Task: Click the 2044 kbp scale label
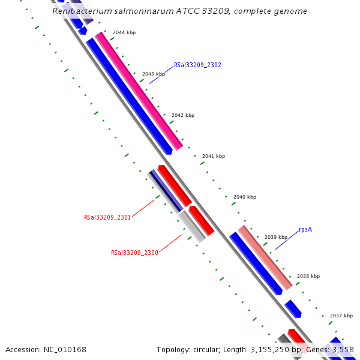pyautogui.click(x=124, y=32)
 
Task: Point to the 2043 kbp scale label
pyautogui.click(x=153, y=74)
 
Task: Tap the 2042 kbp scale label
pyautogui.click(x=183, y=115)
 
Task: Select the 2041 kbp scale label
pyautogui.click(x=213, y=156)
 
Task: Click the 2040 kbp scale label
pyautogui.click(x=244, y=197)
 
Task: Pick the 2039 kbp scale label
pyautogui.click(x=275, y=237)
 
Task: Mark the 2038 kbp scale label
pyautogui.click(x=308, y=276)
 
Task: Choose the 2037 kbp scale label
pyautogui.click(x=341, y=316)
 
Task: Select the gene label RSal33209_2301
pyautogui.click(x=107, y=217)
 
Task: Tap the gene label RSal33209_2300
pyautogui.click(x=134, y=253)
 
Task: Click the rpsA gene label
pyautogui.click(x=305, y=229)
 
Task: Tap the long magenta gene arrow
pyautogui.click(x=139, y=91)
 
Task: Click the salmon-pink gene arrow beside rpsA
pyautogui.click(x=265, y=256)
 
